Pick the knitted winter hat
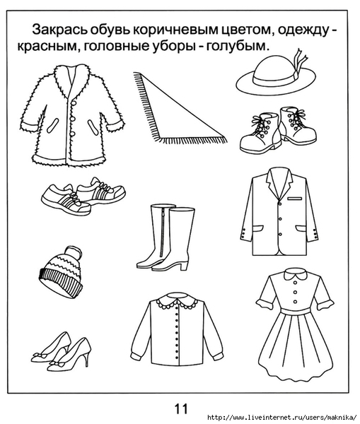click(61, 273)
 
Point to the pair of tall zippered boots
click(166, 237)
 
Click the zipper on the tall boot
click(163, 232)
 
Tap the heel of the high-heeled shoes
click(86, 359)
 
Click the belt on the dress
click(295, 312)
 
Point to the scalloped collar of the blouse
click(178, 301)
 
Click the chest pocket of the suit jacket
click(294, 199)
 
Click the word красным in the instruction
click(50, 47)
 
